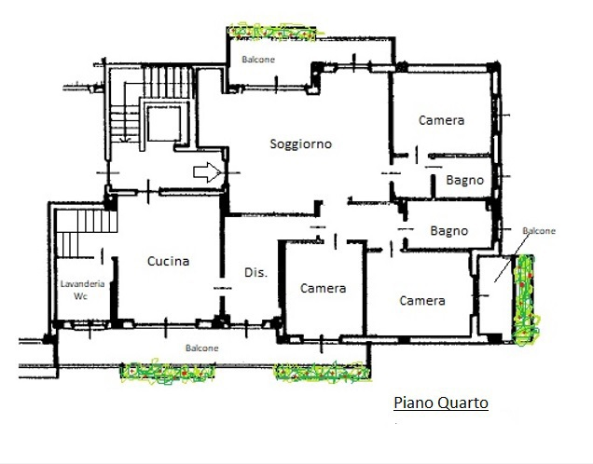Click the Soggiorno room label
(x=300, y=144)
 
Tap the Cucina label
(x=168, y=261)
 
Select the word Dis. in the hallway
(x=255, y=272)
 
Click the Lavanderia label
(x=82, y=284)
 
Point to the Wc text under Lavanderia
(x=80, y=296)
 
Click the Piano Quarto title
(x=441, y=403)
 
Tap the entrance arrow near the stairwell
(x=207, y=172)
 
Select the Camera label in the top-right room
(x=441, y=120)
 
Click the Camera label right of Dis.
(x=323, y=289)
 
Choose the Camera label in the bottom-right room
(x=422, y=301)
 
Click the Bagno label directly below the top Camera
(x=464, y=180)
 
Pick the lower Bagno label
(x=448, y=231)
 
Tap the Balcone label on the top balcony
(x=258, y=60)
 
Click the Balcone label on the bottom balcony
(x=202, y=348)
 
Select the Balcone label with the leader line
(x=539, y=231)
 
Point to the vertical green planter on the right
(x=525, y=300)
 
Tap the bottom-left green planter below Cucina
(x=167, y=371)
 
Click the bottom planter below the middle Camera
(x=323, y=373)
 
